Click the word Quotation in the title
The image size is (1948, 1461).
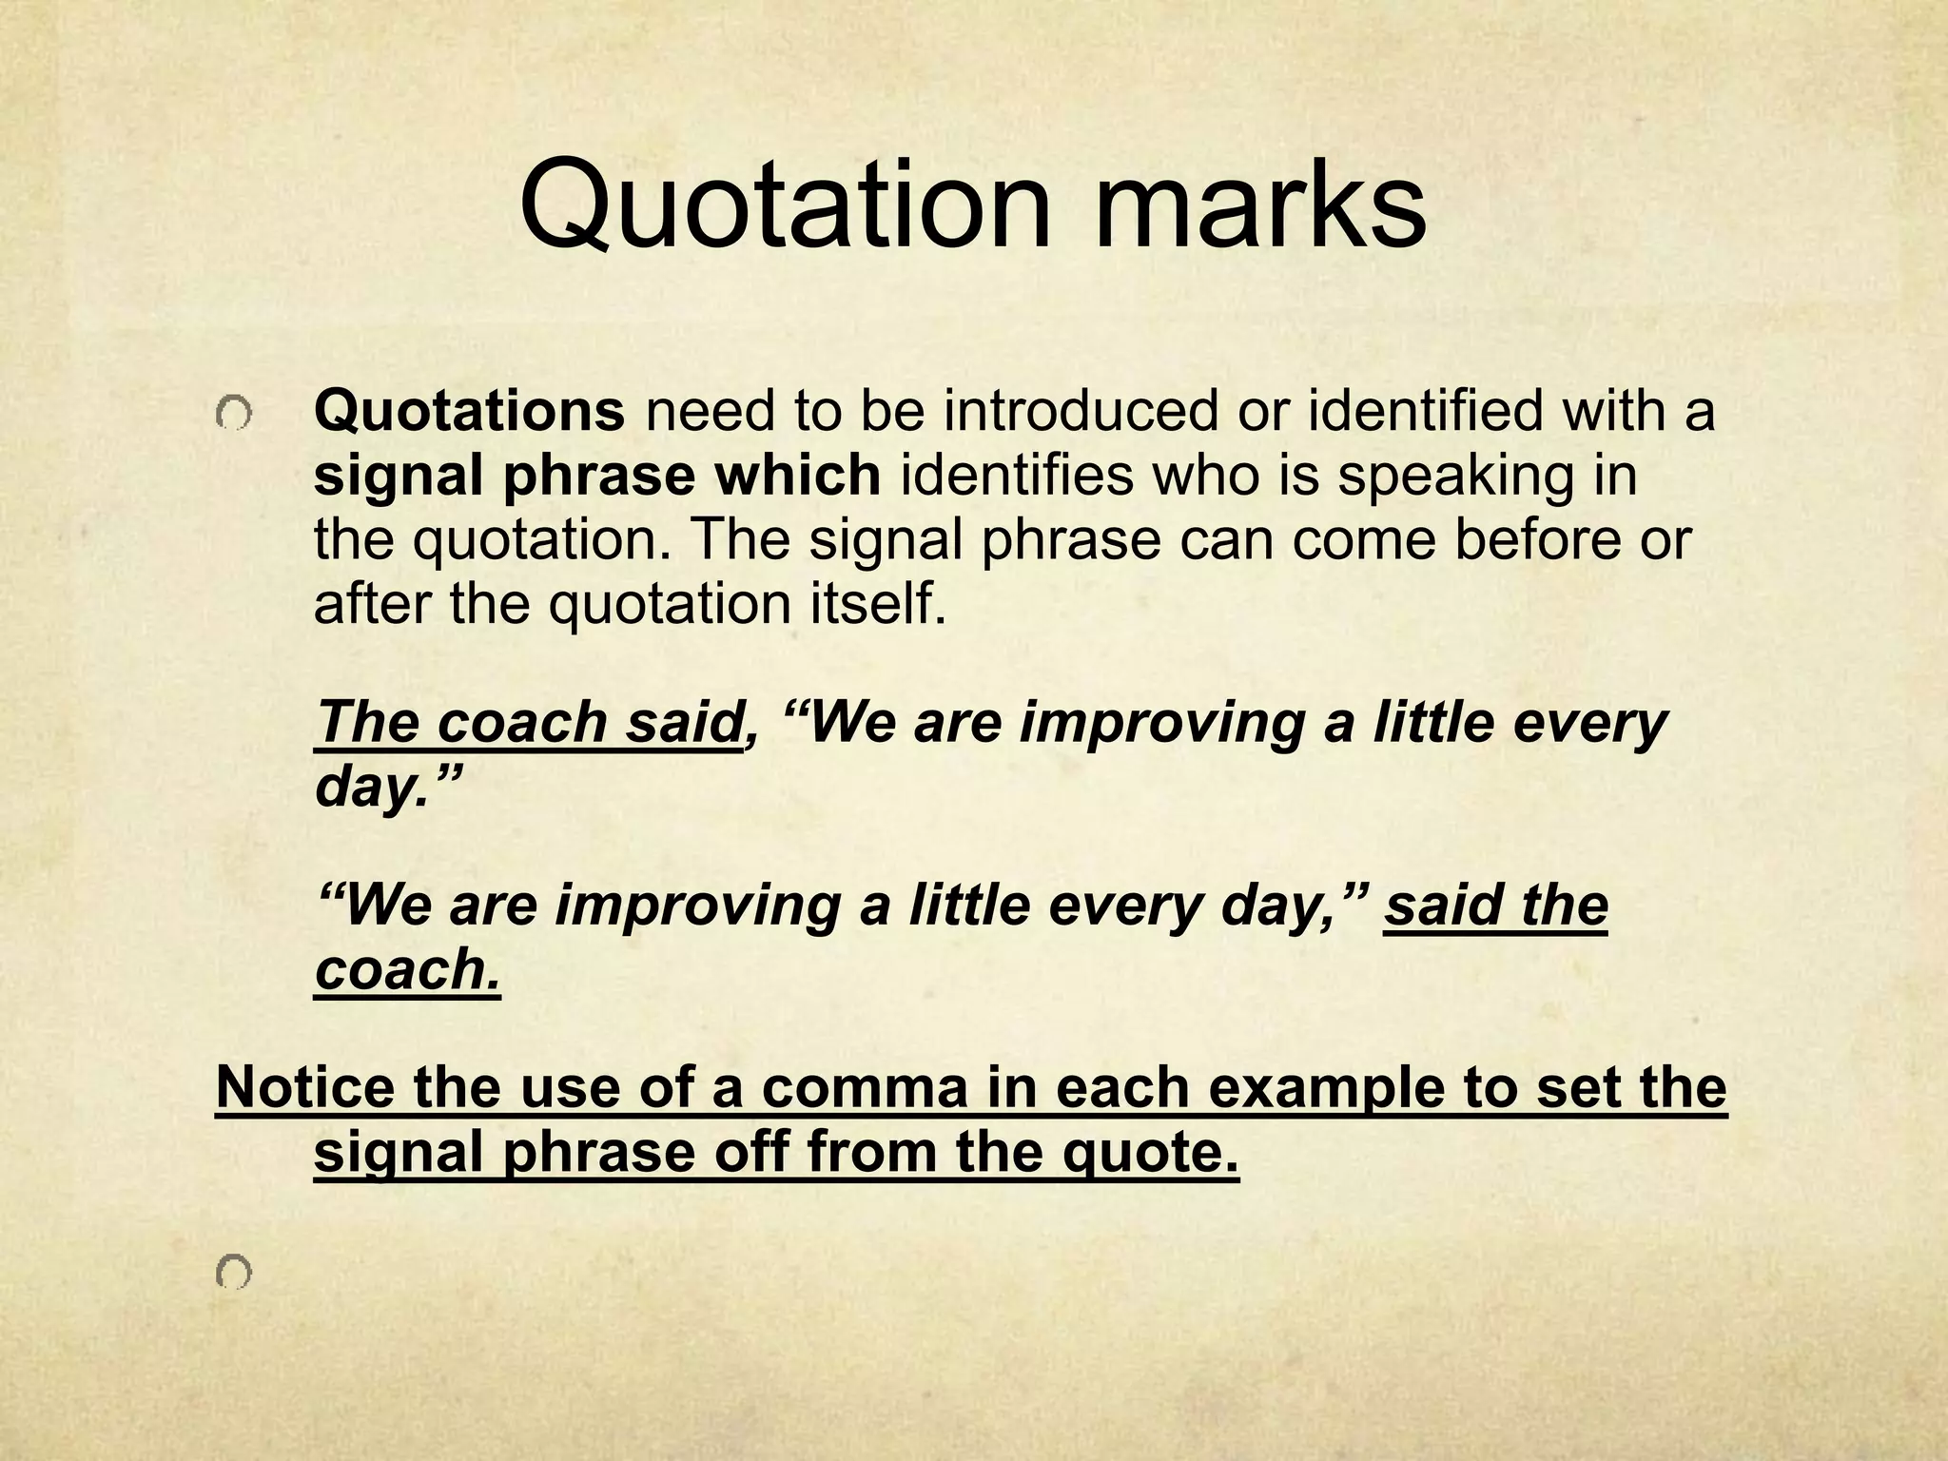coord(785,207)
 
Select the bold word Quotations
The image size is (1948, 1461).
coord(469,412)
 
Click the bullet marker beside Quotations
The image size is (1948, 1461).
coord(233,415)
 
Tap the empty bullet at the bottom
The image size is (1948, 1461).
coord(233,1271)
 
